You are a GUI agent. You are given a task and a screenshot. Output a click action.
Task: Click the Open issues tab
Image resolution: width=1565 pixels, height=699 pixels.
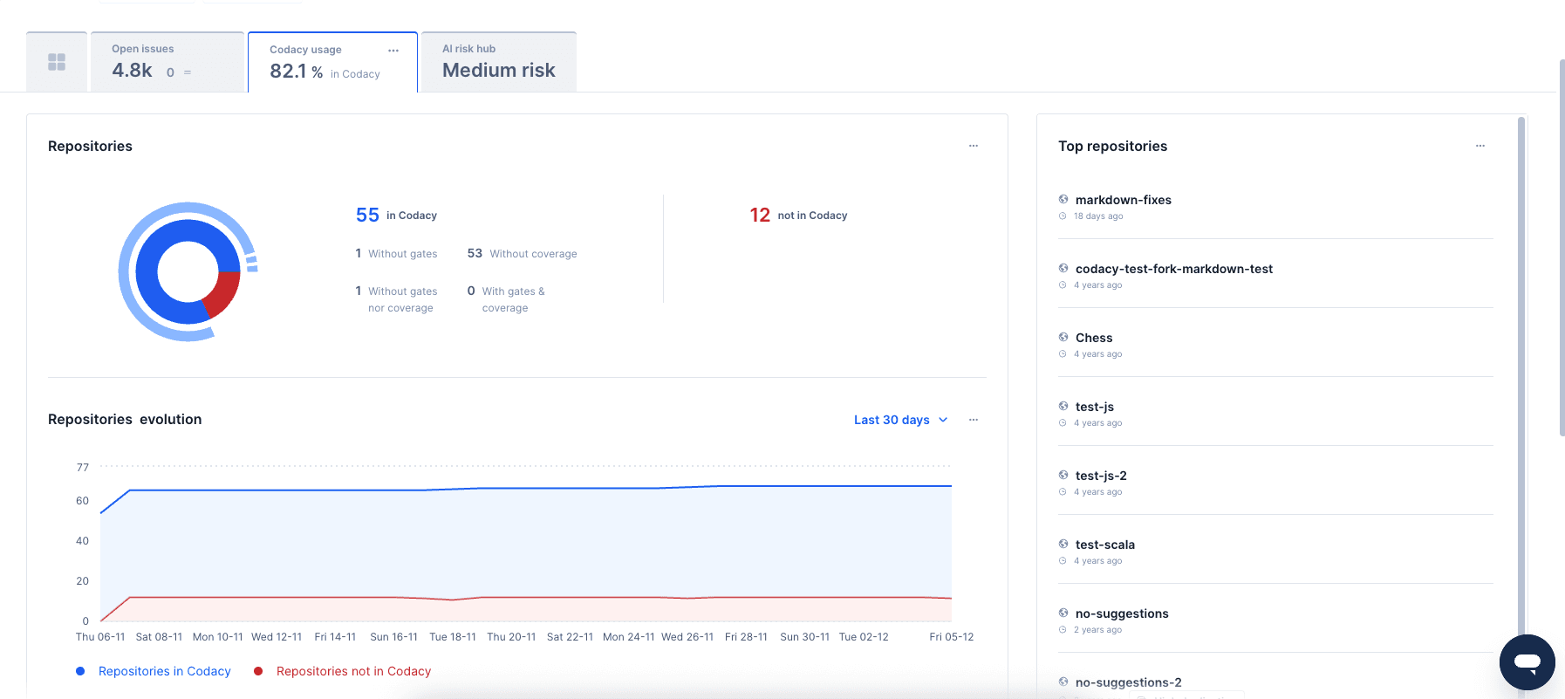click(167, 62)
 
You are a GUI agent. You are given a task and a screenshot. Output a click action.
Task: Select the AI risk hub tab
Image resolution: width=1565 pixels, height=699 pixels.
click(498, 62)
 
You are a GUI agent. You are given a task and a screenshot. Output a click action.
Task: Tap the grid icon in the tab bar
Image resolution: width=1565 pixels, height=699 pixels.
click(57, 62)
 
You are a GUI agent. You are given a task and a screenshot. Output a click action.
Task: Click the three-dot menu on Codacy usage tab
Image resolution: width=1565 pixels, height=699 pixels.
click(393, 51)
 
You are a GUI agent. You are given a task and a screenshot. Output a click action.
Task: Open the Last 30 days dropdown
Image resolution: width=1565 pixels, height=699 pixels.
click(900, 420)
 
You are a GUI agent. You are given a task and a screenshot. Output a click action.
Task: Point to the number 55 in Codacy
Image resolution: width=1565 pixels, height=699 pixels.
click(367, 216)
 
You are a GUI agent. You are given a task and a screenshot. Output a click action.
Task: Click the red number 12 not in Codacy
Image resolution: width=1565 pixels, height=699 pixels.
click(760, 216)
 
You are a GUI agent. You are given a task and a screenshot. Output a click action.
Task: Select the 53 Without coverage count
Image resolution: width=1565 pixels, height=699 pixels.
click(475, 253)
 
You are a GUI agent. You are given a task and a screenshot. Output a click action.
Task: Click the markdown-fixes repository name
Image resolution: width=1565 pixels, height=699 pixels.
click(1123, 200)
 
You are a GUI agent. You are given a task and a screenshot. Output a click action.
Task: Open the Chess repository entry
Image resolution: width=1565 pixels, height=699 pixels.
click(1093, 338)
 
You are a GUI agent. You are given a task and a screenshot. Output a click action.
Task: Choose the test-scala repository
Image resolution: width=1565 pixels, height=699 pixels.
click(1104, 545)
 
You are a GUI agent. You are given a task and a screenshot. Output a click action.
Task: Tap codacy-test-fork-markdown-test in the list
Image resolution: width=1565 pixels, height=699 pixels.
click(1173, 269)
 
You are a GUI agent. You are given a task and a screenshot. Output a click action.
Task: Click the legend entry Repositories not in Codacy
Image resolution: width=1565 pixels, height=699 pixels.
click(352, 671)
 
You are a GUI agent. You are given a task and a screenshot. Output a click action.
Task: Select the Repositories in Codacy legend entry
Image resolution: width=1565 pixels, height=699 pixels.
click(164, 671)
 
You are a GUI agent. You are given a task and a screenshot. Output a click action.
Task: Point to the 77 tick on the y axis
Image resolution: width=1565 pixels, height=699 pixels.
click(83, 468)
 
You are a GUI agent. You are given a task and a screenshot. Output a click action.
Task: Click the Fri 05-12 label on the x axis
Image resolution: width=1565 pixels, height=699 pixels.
click(951, 637)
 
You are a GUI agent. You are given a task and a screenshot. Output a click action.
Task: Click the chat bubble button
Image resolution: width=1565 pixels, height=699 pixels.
click(1527, 662)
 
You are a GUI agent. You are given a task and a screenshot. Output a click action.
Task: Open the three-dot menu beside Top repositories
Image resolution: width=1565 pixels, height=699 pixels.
click(1480, 146)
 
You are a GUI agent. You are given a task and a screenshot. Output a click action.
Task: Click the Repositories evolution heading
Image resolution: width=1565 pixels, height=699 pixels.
click(125, 420)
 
